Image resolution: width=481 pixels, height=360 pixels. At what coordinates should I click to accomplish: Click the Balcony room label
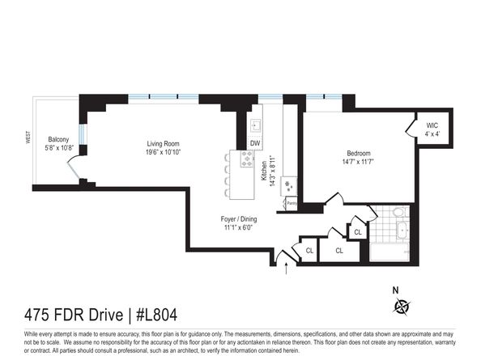click(x=57, y=138)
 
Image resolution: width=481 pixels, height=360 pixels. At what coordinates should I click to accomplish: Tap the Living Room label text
click(x=163, y=142)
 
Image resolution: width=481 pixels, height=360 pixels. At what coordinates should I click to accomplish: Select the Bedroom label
click(x=359, y=154)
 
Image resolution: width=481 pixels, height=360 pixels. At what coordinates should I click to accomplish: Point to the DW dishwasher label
click(x=254, y=143)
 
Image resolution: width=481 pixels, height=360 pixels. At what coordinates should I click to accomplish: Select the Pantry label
click(x=291, y=203)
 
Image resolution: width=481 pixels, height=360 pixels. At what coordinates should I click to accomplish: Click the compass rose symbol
click(x=402, y=305)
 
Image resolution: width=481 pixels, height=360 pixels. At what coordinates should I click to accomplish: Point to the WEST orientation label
click(x=28, y=138)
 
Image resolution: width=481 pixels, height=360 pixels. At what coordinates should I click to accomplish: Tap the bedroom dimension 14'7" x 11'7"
click(x=359, y=163)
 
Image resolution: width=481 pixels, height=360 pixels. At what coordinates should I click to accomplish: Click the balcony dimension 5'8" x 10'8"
click(x=59, y=147)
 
